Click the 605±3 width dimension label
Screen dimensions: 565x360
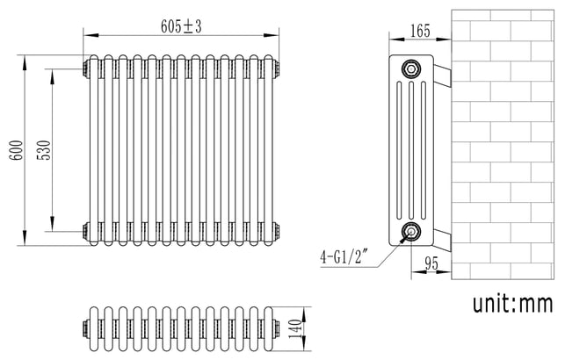[181, 26]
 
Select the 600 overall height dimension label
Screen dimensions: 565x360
[16, 150]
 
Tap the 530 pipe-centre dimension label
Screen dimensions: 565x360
[44, 150]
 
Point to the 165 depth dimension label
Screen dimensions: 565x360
[420, 31]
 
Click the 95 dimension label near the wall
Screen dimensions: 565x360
[431, 263]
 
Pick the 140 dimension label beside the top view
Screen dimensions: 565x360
[294, 328]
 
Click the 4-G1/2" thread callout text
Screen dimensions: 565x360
[344, 257]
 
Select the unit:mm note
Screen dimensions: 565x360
[512, 304]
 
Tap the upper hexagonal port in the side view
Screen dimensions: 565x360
[410, 68]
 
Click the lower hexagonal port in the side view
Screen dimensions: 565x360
[410, 232]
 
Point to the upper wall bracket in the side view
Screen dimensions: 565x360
[443, 76]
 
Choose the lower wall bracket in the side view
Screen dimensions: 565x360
[443, 240]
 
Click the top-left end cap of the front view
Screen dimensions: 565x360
[86, 68]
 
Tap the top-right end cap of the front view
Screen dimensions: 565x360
[276, 68]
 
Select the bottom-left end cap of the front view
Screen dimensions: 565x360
[86, 231]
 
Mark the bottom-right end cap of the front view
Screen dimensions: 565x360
[276, 231]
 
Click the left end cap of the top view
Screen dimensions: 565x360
[86, 328]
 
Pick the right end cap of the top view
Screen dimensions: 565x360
[276, 328]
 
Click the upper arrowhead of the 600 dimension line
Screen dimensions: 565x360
[25, 63]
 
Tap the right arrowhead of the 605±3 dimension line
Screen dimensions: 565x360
[271, 35]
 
